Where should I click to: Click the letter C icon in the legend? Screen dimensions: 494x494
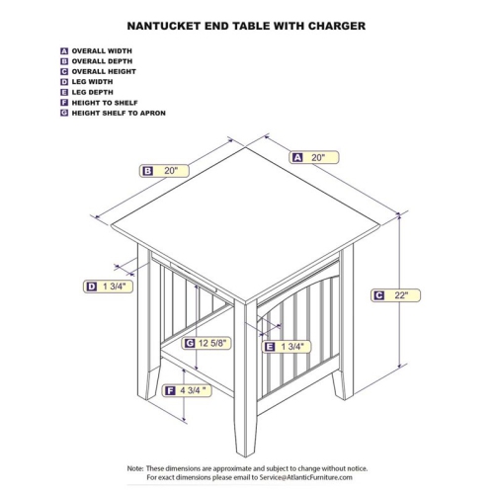pyautogui.click(x=64, y=71)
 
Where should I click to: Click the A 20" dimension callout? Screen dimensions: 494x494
pyautogui.click(x=314, y=157)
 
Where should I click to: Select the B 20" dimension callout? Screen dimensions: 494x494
pyautogui.click(x=164, y=171)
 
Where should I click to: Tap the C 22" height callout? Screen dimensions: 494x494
pyautogui.click(x=395, y=295)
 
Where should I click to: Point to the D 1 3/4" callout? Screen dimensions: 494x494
pyautogui.click(x=108, y=287)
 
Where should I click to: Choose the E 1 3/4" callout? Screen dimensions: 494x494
pyautogui.click(x=287, y=347)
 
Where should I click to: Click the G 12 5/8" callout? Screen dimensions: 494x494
pyautogui.click(x=206, y=343)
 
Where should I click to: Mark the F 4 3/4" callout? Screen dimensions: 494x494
pyautogui.click(x=187, y=390)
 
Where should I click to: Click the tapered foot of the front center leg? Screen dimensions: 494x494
pyautogui.click(x=245, y=438)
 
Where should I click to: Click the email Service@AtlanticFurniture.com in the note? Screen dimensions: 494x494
pyautogui.click(x=305, y=477)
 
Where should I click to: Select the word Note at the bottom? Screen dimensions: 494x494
pyautogui.click(x=135, y=468)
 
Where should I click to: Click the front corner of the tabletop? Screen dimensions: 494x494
pyautogui.click(x=246, y=302)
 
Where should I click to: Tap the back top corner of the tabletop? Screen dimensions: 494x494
pyautogui.click(x=246, y=147)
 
